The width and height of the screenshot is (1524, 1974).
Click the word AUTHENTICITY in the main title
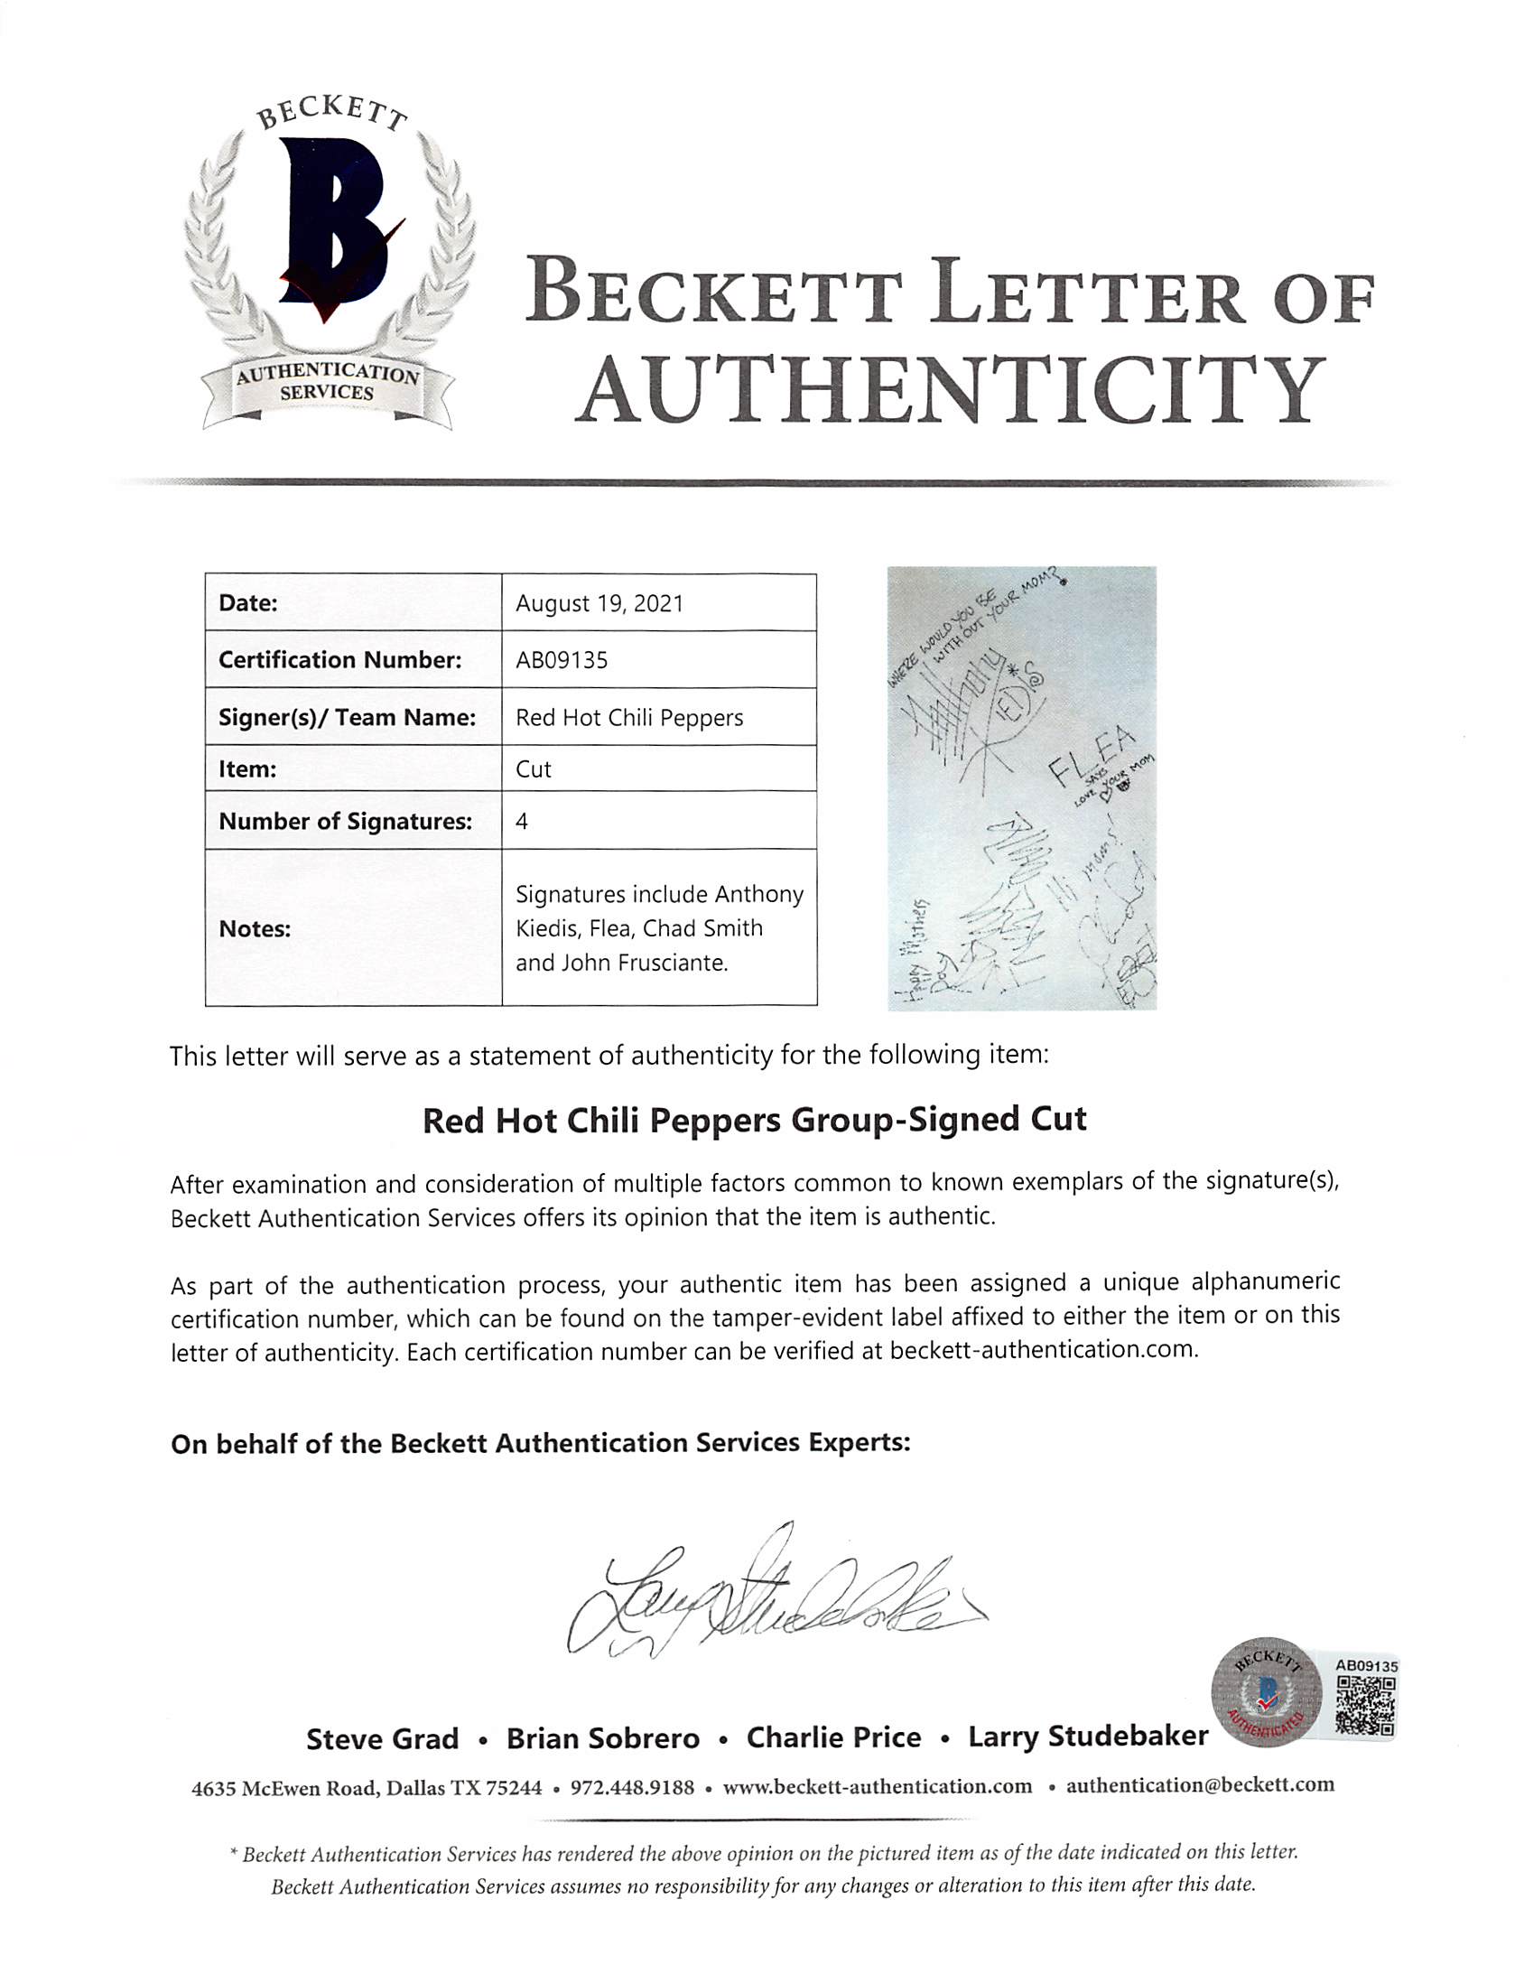949,390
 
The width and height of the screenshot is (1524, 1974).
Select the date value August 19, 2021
599,604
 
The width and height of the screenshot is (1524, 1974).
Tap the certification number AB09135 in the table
562,661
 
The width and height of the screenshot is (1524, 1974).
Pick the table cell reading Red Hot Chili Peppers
629,718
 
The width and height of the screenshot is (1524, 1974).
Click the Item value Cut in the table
534,769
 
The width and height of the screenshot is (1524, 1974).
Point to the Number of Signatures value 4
522,822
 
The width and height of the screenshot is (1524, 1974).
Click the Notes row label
255,929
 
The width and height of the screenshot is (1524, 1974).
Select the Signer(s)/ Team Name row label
347,718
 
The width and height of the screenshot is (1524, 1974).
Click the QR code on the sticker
1365,1707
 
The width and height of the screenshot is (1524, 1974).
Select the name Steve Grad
383,1738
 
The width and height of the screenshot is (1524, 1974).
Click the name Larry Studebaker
1087,1737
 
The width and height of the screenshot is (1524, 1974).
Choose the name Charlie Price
833,1737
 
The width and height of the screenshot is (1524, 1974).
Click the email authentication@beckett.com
1200,1785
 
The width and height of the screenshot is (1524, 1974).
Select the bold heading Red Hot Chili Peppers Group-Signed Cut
755,1121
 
